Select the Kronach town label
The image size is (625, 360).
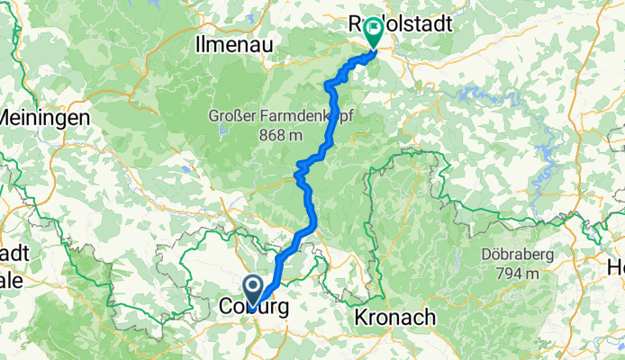[395, 317]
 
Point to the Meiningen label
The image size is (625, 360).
[45, 117]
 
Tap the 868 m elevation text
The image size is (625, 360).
[279, 135]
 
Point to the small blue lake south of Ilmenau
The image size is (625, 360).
[186, 167]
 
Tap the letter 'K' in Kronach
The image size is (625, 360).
[360, 317]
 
